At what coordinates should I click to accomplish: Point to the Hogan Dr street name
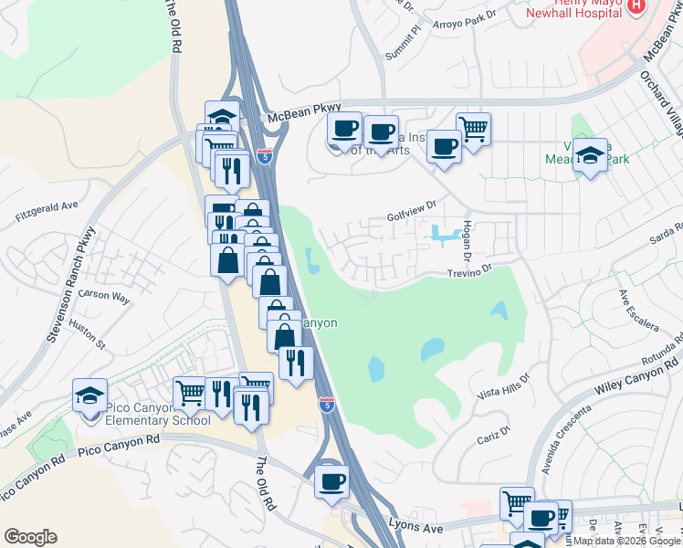[x=468, y=235]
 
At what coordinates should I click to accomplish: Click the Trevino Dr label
[x=469, y=270]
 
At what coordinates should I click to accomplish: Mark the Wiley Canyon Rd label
[x=627, y=376]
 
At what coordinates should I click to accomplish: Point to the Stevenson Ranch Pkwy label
[x=69, y=293]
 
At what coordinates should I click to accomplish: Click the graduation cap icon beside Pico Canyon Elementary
[x=89, y=395]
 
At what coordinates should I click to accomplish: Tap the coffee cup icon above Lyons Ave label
[x=331, y=480]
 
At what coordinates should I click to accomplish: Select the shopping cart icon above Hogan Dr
[x=473, y=129]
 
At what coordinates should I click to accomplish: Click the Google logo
[x=30, y=537]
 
